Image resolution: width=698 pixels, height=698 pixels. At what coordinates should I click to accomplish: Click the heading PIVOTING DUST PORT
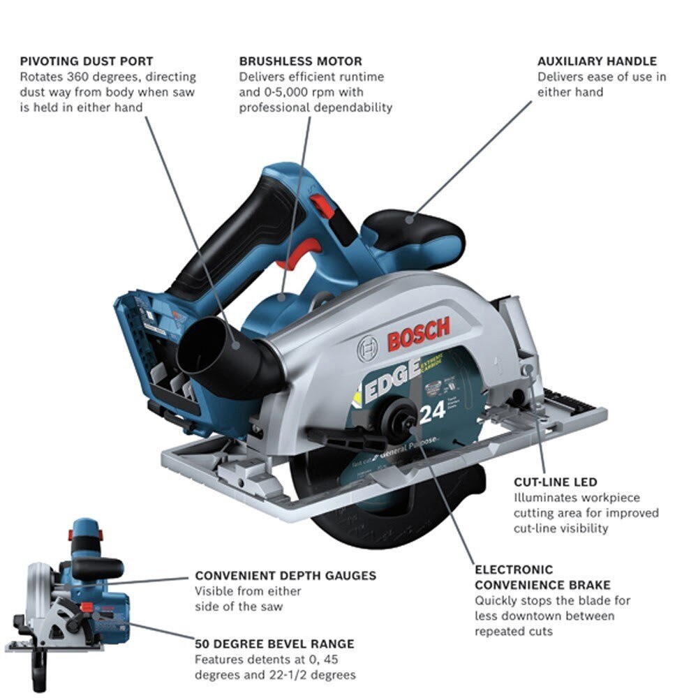click(87, 61)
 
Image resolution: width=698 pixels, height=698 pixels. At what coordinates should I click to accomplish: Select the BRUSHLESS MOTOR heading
click(301, 61)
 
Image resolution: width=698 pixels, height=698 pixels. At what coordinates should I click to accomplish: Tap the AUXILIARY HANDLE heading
click(597, 61)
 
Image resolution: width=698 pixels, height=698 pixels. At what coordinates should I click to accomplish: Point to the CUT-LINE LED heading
click(556, 482)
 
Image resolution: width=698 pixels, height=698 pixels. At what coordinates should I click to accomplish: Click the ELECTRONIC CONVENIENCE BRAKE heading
click(542, 577)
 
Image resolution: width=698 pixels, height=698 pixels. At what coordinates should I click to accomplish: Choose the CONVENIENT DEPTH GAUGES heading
click(285, 576)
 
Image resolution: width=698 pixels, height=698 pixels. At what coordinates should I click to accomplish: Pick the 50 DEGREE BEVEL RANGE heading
click(274, 644)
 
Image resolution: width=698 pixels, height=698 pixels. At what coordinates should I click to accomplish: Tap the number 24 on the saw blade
click(433, 412)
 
